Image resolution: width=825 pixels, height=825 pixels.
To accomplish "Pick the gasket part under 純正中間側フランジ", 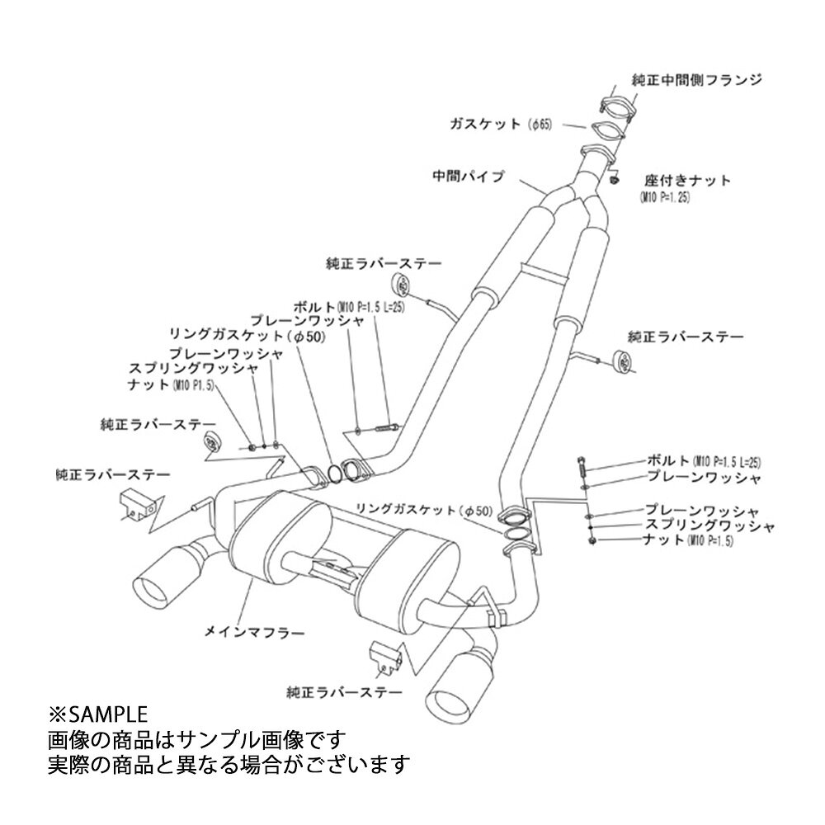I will pyautogui.click(x=607, y=131).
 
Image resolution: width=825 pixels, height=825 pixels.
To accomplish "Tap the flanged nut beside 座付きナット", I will pyautogui.click(x=614, y=178).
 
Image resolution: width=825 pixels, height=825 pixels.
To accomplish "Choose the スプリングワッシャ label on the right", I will pyautogui.click(x=709, y=526).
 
